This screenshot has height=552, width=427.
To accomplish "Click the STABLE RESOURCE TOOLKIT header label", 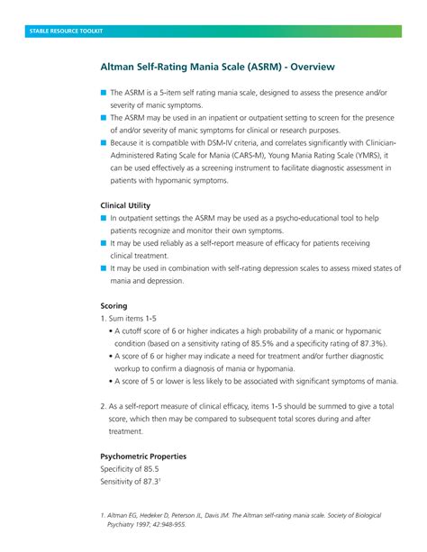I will click(65, 32).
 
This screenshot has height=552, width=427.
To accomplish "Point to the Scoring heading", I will click(114, 305).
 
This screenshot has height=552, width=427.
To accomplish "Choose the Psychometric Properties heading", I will click(143, 457).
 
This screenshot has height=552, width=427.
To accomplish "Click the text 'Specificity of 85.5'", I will click(130, 469).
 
